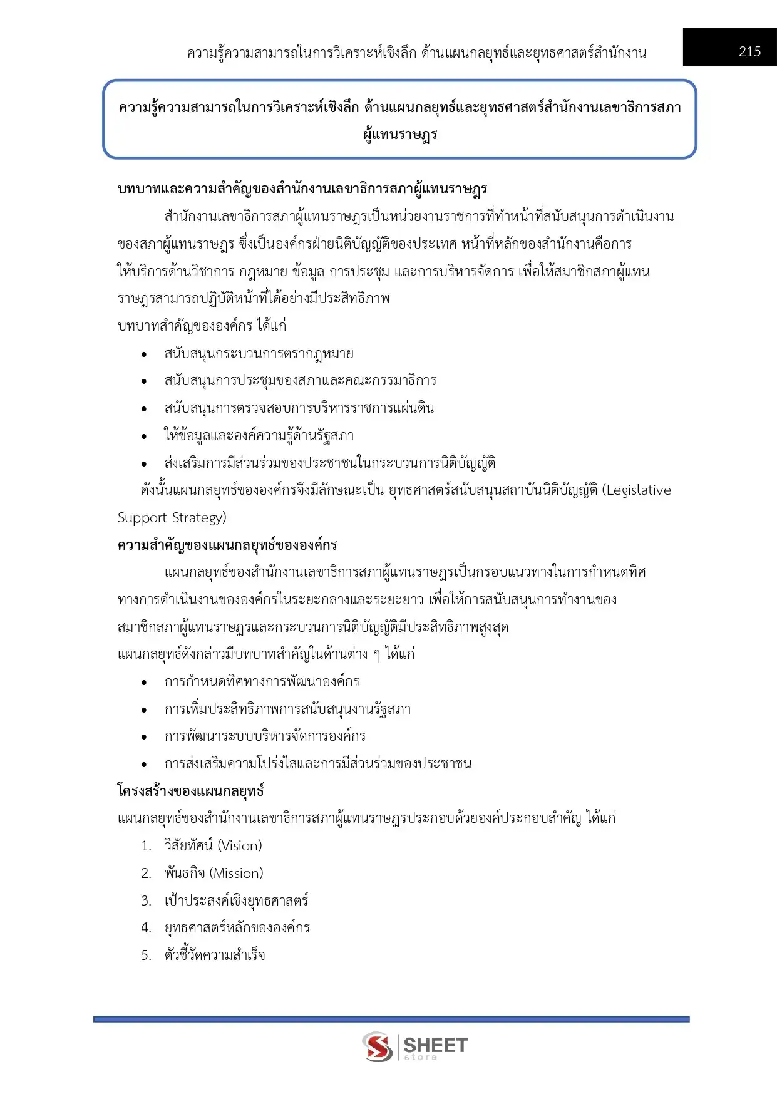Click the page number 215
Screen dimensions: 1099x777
pos(749,51)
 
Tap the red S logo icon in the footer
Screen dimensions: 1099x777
pos(378,1046)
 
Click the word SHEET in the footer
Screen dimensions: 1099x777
pos(435,1045)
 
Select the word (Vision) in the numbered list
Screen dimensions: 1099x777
pos(239,845)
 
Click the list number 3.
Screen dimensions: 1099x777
pos(146,900)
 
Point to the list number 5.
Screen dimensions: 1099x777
pos(146,955)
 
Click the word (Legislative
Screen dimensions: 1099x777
pos(636,490)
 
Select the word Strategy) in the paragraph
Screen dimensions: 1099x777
pos(199,518)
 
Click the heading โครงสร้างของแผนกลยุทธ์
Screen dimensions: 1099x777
pos(190,791)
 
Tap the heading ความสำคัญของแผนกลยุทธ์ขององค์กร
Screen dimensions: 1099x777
pos(227,545)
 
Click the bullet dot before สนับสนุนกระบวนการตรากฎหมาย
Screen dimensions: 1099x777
pos(144,354)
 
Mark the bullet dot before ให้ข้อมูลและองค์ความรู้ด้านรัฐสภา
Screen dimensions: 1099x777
pos(144,436)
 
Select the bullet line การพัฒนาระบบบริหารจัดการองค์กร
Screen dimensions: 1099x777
pos(265,736)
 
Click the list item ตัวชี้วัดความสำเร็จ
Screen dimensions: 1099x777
pos(215,955)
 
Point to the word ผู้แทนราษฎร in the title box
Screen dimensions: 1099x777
pos(400,135)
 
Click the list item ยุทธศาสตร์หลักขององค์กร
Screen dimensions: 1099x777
pos(237,927)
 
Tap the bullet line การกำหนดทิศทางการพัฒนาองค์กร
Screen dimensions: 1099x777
pos(262,681)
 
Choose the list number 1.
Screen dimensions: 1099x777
pos(146,846)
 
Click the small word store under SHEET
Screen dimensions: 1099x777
pos(420,1057)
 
